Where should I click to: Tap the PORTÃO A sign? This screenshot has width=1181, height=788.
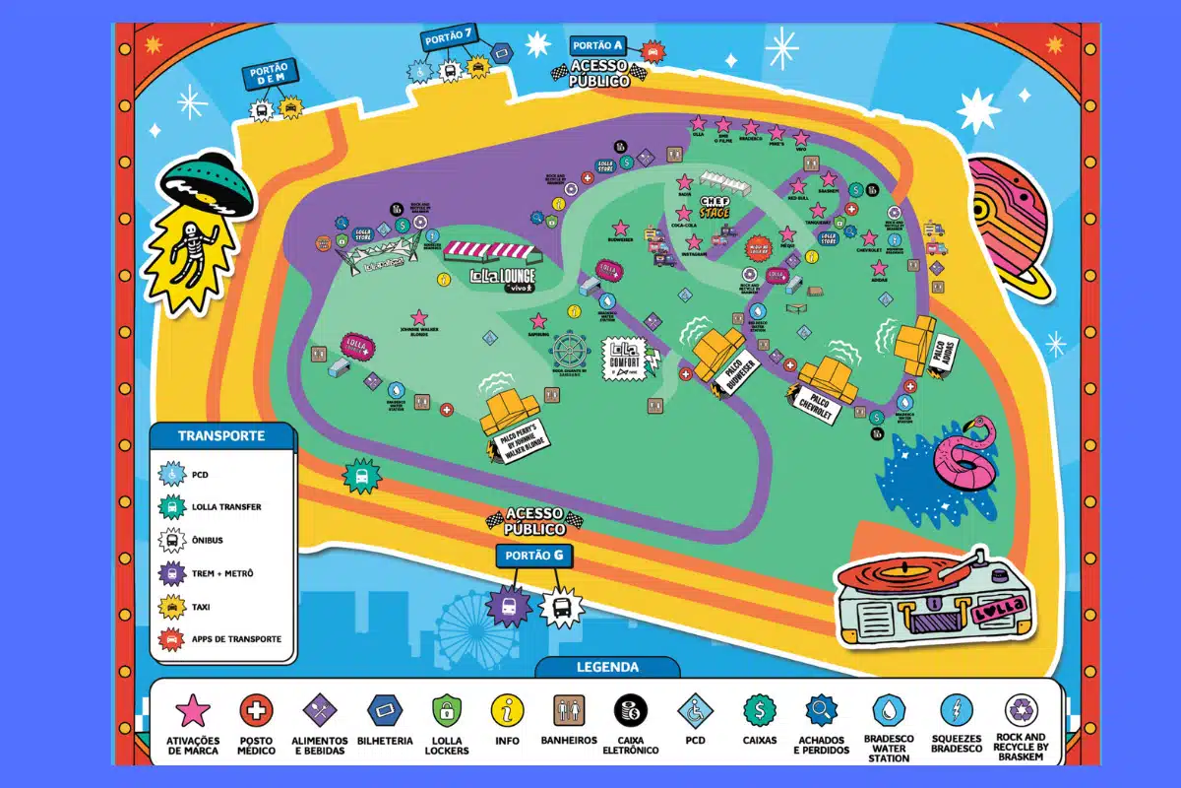coord(597,45)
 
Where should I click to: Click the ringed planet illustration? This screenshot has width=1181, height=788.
coord(1009,222)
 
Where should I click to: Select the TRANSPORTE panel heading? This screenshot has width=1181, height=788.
coord(221,435)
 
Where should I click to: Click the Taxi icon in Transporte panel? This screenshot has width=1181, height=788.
coord(173,606)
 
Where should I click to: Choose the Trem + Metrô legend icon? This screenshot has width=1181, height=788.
coord(173,573)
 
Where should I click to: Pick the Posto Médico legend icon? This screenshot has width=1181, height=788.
coord(257,709)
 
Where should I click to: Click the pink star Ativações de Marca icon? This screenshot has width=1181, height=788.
coord(193,709)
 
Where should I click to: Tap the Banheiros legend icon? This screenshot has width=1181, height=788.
coord(569,709)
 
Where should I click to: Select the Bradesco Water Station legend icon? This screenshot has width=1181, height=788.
coord(889,709)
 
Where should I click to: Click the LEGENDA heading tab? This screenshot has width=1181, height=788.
coord(607,668)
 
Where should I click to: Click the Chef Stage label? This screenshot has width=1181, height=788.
coord(715,206)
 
